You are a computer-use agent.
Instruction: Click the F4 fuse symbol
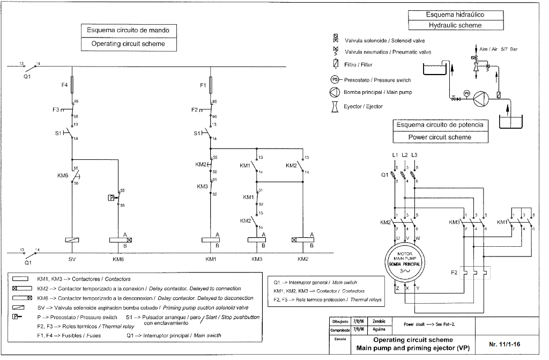point(72,85)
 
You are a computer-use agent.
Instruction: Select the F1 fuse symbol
point(211,84)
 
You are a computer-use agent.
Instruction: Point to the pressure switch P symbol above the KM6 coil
point(112,197)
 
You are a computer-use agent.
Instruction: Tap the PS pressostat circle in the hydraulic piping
point(466,93)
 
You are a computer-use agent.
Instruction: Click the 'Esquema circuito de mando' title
point(128,30)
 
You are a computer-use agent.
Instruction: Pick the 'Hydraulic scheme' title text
point(455,25)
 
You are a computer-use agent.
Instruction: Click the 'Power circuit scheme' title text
point(440,137)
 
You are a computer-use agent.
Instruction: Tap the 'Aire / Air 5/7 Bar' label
point(498,49)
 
